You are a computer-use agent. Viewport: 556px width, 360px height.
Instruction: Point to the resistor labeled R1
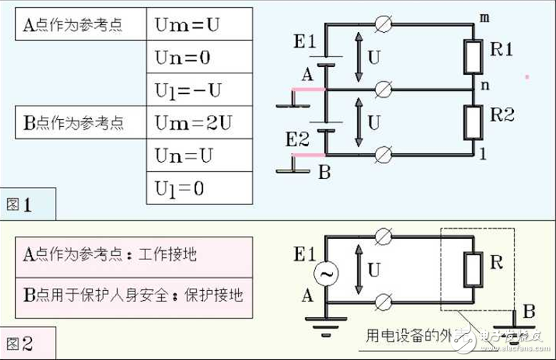472,57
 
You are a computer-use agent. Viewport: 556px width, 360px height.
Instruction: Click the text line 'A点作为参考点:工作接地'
110,253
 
